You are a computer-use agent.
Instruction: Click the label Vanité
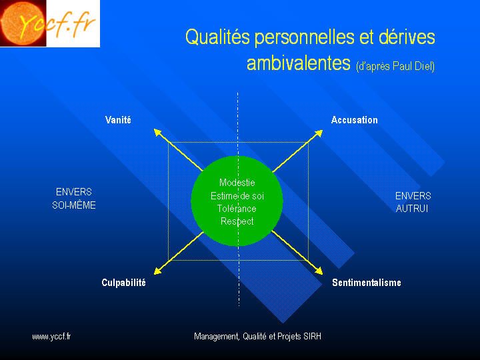pyautogui.click(x=118, y=120)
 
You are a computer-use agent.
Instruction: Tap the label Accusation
pyautogui.click(x=355, y=120)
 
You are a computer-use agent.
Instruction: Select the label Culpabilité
pyautogui.click(x=124, y=282)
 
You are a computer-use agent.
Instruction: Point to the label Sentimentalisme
pyautogui.click(x=367, y=282)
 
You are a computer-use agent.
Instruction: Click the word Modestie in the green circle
pyautogui.click(x=237, y=183)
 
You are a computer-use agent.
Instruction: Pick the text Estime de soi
pyautogui.click(x=237, y=196)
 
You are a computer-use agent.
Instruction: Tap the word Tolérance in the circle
pyautogui.click(x=237, y=209)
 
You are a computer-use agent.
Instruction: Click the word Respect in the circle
pyautogui.click(x=237, y=221)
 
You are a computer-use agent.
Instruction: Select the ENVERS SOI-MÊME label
pyautogui.click(x=74, y=199)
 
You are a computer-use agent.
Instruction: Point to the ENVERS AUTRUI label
pyautogui.click(x=413, y=202)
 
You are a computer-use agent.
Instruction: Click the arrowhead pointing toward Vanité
pyautogui.click(x=157, y=132)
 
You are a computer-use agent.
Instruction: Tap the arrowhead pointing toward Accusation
pyautogui.click(x=319, y=133)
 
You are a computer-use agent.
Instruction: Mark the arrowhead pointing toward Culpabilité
pyautogui.click(x=157, y=271)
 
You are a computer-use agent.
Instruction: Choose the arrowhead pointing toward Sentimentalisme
pyautogui.click(x=319, y=271)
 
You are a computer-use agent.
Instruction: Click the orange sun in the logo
pyautogui.click(x=23, y=23)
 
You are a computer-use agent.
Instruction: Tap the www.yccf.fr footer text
pyautogui.click(x=51, y=337)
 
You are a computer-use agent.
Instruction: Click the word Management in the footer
pyautogui.click(x=217, y=337)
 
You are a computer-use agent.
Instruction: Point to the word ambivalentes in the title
pyautogui.click(x=299, y=63)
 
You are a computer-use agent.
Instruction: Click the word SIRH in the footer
pyautogui.click(x=312, y=337)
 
